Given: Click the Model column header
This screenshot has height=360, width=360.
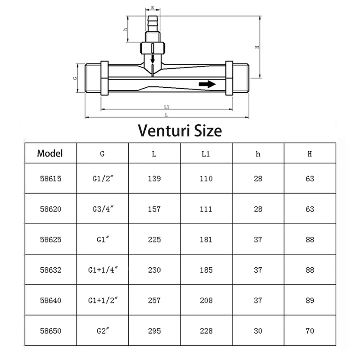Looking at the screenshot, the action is tap(50, 153).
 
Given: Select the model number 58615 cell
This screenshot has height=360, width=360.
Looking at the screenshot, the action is tap(51, 179).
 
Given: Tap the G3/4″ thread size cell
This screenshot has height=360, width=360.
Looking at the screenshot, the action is tap(103, 209).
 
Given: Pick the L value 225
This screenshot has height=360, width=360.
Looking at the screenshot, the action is tap(154, 239).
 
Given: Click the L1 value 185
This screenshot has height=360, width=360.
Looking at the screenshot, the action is tap(206, 270).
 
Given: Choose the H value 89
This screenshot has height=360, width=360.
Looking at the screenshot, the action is tap(310, 300).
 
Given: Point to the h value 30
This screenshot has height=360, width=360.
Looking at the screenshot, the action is tap(258, 331).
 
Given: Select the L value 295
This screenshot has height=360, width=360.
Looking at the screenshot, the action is tap(154, 331).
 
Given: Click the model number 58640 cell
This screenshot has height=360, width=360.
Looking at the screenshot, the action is tap(51, 300).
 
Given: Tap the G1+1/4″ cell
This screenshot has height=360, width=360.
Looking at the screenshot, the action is tap(103, 270).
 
